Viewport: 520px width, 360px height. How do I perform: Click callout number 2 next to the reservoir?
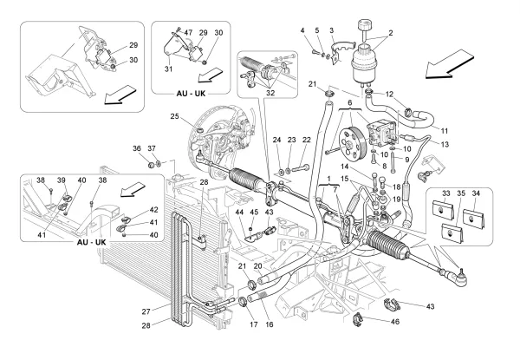(390, 34)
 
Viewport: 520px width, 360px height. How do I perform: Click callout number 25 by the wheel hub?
(174, 116)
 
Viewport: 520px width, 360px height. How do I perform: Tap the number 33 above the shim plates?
(447, 193)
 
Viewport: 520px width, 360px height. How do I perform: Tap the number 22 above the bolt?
(307, 141)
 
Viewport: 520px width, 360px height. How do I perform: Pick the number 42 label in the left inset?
(153, 209)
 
